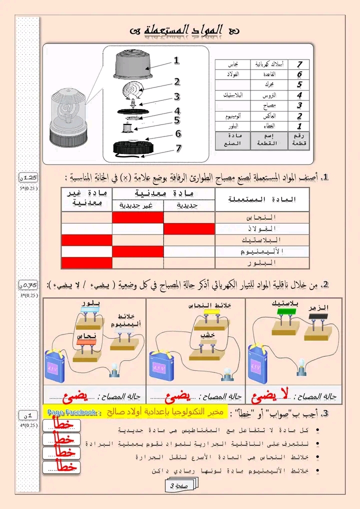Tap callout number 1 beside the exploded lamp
[176, 60]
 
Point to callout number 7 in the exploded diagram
[178, 148]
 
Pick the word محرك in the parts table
[268, 84]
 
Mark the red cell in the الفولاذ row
[189, 229]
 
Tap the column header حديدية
[188, 205]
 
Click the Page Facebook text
[74, 412]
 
